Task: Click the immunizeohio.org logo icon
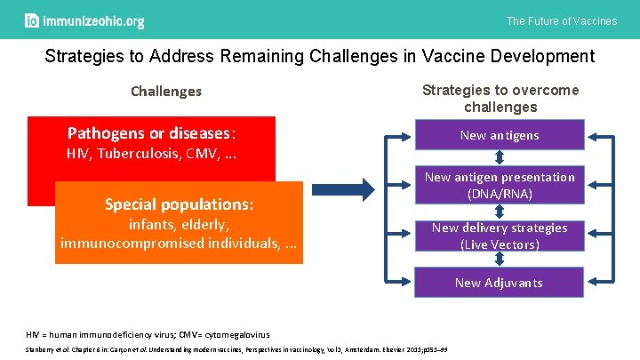coord(32,20)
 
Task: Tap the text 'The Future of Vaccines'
coord(561,20)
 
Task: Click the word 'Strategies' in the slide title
coord(84,57)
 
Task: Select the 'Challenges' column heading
coord(166,92)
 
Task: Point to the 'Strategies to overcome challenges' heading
coord(500,98)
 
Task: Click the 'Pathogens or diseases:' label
coord(152,134)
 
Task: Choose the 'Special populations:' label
coord(179,204)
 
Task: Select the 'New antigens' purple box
coord(499,136)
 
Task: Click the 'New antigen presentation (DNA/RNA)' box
coord(499,185)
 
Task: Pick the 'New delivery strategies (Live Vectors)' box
coord(499,236)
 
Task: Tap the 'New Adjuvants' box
coord(499,283)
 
